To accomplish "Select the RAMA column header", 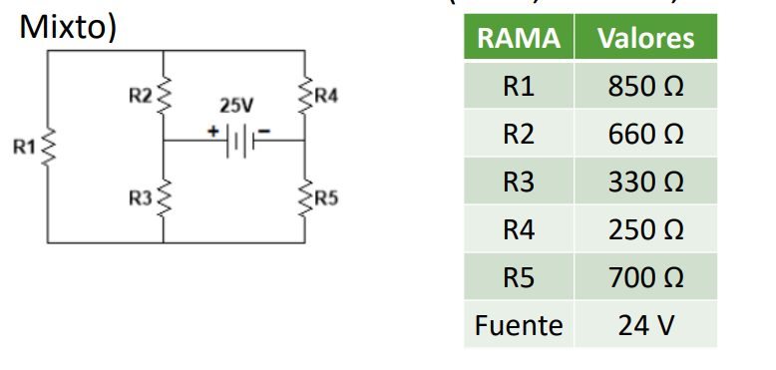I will [x=518, y=39].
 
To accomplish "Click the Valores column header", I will [x=645, y=39].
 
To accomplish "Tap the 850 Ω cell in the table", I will [x=645, y=87].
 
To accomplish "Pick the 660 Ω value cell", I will [x=645, y=135].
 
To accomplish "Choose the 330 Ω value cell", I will [x=645, y=183].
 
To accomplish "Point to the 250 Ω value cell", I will [x=645, y=230].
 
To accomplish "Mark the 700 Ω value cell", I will [x=645, y=278].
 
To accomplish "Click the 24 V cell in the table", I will [x=645, y=325].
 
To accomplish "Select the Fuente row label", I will [x=518, y=325].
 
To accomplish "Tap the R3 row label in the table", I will [x=518, y=183].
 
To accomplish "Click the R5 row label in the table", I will [x=518, y=278].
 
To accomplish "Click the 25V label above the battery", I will [x=236, y=105].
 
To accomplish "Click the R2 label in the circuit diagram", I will [x=141, y=96].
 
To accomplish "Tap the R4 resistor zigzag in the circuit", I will [x=305, y=95].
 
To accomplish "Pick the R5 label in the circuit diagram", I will [x=326, y=197].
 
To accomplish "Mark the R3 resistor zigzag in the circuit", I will [x=164, y=197].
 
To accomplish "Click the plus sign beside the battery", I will [x=212, y=130].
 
